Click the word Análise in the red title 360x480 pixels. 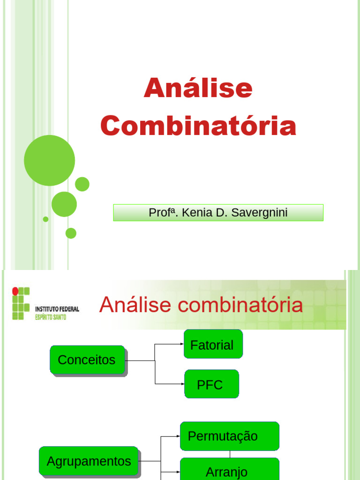(x=198, y=89)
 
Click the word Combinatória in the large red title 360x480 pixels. (x=198, y=126)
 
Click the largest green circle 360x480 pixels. (x=49, y=160)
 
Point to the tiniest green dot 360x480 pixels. (x=45, y=219)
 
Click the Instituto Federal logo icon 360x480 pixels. (x=21, y=303)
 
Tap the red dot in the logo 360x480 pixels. (x=15, y=291)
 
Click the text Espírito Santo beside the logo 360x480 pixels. (x=51, y=317)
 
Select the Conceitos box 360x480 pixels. (x=87, y=360)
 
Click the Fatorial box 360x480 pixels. (x=213, y=344)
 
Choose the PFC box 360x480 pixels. (x=211, y=384)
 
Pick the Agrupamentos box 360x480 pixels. (x=88, y=461)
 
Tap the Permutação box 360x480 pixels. (x=229, y=436)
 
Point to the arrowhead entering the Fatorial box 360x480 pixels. (x=182, y=344)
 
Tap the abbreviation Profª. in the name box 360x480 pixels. (x=163, y=213)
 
